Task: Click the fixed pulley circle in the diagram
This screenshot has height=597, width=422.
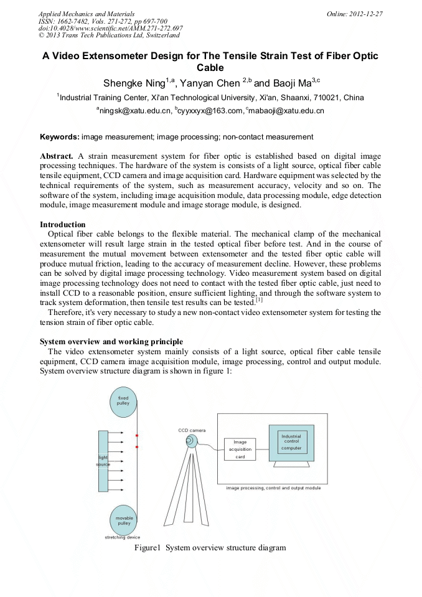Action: (x=123, y=401)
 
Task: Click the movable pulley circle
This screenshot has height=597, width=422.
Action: (x=123, y=520)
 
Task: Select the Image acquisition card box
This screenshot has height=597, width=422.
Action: (x=240, y=449)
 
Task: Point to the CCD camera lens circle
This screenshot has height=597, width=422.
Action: (x=190, y=441)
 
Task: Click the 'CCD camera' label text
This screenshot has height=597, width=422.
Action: (x=192, y=430)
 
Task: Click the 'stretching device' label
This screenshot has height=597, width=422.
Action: (x=122, y=537)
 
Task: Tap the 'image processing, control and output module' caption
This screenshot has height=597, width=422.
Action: (x=273, y=488)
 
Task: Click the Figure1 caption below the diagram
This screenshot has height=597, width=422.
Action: (x=210, y=548)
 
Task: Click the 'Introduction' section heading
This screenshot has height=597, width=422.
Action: (x=62, y=224)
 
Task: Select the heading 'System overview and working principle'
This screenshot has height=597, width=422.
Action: (x=111, y=341)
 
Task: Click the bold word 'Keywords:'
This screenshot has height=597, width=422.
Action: (x=59, y=136)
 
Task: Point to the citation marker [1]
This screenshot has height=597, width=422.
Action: (x=259, y=301)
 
